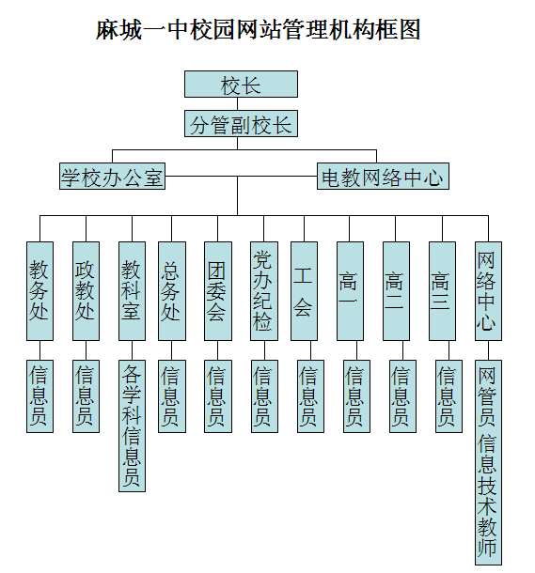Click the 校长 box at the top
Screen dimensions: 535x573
point(241,84)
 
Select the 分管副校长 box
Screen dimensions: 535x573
point(241,123)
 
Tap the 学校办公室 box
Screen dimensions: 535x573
point(112,177)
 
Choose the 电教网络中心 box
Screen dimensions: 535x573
point(383,177)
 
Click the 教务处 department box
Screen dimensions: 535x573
point(39,291)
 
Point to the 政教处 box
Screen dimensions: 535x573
point(86,291)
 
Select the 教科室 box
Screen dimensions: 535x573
point(132,291)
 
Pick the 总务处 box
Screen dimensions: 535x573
point(172,291)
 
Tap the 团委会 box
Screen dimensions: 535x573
point(218,291)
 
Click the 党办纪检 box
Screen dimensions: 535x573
point(264,291)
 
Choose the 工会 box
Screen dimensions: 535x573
point(305,291)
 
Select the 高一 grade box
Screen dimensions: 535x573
point(351,291)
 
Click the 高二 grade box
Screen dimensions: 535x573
point(397,291)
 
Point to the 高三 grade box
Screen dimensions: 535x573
point(443,291)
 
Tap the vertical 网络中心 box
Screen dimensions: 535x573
point(489,291)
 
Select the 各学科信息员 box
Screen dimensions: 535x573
point(132,426)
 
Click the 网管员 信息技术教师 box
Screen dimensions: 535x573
point(489,463)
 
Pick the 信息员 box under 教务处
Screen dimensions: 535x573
point(39,396)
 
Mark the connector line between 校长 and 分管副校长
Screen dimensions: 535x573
point(237,103)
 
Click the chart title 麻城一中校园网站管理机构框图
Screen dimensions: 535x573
point(259,30)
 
